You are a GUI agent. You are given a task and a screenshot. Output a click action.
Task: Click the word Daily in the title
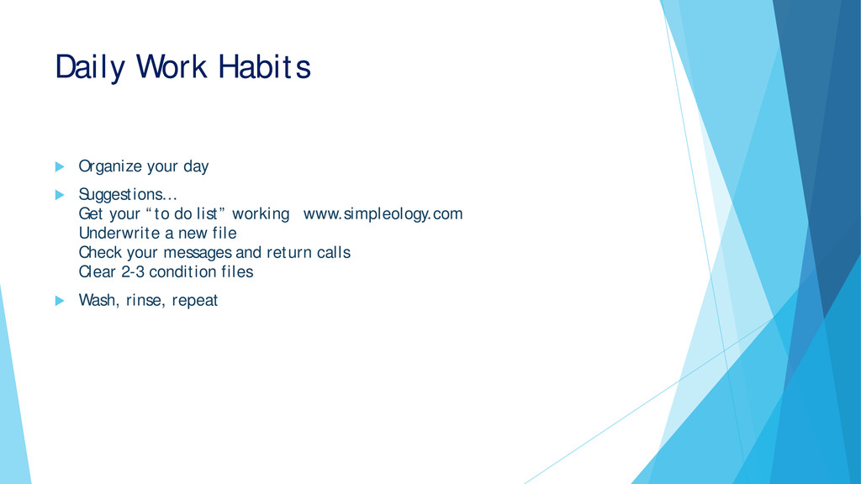pos(91,68)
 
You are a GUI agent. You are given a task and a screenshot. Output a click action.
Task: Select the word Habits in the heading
pos(265,67)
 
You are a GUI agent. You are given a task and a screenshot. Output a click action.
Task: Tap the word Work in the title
pos(172,67)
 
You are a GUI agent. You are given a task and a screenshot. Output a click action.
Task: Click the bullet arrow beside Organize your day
pos(60,167)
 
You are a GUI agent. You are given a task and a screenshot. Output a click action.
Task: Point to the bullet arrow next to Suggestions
pos(60,195)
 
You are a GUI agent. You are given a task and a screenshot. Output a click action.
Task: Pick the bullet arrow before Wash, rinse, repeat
pos(60,301)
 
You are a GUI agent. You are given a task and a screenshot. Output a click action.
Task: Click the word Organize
pos(110,167)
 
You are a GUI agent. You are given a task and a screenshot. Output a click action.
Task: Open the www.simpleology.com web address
pos(383,214)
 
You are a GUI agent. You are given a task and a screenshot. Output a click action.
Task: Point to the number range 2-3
pos(133,271)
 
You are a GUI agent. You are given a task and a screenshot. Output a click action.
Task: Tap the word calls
pos(334,252)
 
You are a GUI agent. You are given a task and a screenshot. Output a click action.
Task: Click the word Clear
pos(98,271)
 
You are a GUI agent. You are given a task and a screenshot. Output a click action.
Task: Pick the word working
pos(261,214)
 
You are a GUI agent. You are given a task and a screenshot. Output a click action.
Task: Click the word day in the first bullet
pos(196,167)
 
